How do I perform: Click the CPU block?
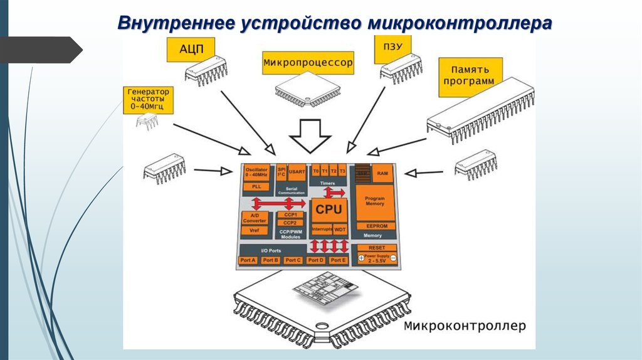[328, 209]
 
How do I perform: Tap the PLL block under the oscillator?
[256, 186]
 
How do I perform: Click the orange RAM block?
[381, 172]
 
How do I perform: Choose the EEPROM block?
[374, 226]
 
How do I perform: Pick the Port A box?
[249, 260]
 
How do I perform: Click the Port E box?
[338, 260]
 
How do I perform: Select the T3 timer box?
[342, 171]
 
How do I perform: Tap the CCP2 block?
[290, 223]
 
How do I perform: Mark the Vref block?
[255, 230]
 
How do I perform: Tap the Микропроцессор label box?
[308, 63]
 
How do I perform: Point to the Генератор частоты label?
[148, 100]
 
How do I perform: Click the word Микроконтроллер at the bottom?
[464, 326]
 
